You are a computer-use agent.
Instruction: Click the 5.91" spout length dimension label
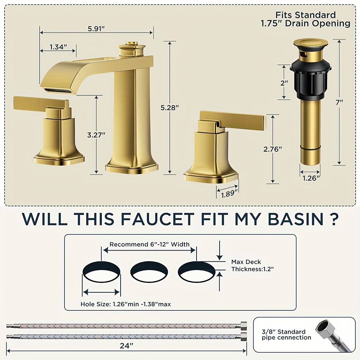pyautogui.click(x=96, y=29)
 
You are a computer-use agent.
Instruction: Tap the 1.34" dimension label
pyautogui.click(x=58, y=47)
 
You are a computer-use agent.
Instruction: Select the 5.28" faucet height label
pyautogui.click(x=170, y=108)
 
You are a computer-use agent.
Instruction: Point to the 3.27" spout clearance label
pyautogui.click(x=96, y=135)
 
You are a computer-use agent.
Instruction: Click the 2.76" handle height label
pyautogui.click(x=273, y=149)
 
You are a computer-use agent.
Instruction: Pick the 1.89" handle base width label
pyautogui.click(x=229, y=194)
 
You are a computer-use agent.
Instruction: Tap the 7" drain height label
pyautogui.click(x=339, y=102)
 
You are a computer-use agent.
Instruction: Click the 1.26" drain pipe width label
pyautogui.click(x=311, y=178)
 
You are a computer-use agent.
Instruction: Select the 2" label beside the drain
pyautogui.click(x=284, y=83)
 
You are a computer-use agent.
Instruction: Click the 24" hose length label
pyautogui.click(x=126, y=346)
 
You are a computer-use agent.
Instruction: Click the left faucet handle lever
pyautogui.click(x=41, y=103)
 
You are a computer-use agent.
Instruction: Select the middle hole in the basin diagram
pyautogui.click(x=149, y=272)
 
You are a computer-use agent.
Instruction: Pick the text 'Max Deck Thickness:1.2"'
pyautogui.click(x=252, y=265)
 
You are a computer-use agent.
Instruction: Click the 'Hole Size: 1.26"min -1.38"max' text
pyautogui.click(x=126, y=304)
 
